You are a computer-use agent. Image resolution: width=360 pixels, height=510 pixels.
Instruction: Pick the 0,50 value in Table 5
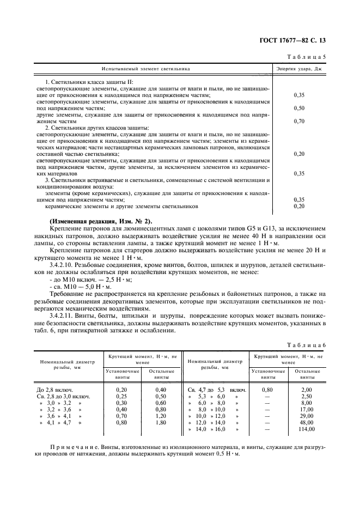[x=298, y=108]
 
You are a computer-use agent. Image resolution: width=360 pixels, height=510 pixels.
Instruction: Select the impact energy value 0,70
[x=298, y=121]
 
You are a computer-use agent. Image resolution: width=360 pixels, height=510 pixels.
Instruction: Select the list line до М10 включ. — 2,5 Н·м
[x=80, y=278]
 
